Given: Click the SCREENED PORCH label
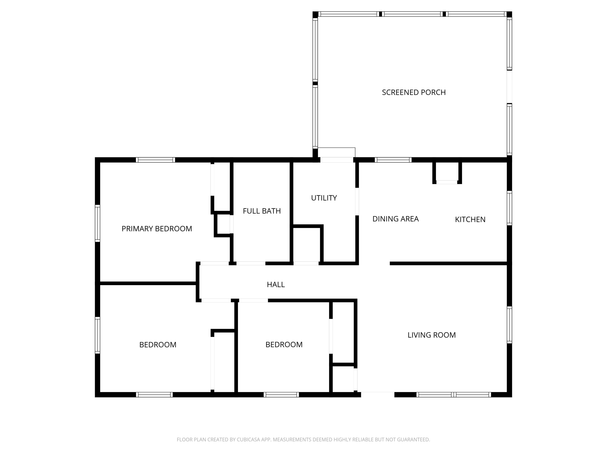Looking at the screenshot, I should coord(414,92).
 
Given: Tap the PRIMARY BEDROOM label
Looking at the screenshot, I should coord(157,229).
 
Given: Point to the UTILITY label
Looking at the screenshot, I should coord(324,198).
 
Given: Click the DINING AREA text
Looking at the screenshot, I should coord(395,219).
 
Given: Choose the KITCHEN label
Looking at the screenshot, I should coord(470,219).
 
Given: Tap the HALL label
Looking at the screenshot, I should coord(276,285).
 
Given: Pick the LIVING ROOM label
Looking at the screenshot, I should coord(431,335).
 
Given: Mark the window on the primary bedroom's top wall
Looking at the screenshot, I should coord(155,160).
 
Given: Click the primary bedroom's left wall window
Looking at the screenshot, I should coord(97,223).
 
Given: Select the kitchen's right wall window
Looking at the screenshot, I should coord(509,208).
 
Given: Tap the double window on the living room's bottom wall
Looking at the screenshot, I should coord(454,395).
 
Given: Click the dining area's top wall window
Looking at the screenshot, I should coord(393,160).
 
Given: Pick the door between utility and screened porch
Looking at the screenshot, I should coord(337,160).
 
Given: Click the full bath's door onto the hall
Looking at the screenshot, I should coord(251,263).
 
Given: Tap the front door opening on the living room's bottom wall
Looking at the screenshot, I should coord(378,395).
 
